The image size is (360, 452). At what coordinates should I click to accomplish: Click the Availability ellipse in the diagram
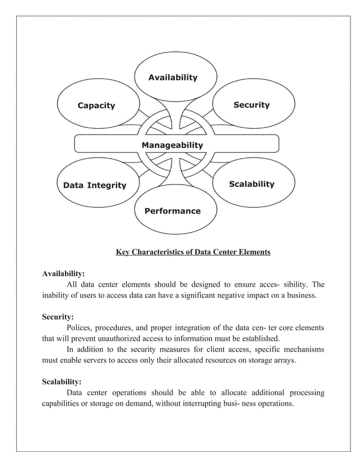[173, 77]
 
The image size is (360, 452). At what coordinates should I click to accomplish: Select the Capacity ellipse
[96, 106]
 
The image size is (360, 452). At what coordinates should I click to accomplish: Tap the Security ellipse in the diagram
[251, 105]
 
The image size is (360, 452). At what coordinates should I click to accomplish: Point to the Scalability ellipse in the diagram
[251, 184]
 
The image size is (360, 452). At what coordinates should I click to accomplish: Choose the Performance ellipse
[172, 211]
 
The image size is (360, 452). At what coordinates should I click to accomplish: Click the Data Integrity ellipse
[95, 185]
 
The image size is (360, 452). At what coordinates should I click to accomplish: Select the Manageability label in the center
[172, 145]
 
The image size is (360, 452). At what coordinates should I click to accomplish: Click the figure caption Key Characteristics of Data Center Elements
[193, 252]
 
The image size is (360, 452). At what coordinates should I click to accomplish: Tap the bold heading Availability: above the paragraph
[63, 274]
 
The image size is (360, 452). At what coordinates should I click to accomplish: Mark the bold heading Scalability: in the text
[62, 381]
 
